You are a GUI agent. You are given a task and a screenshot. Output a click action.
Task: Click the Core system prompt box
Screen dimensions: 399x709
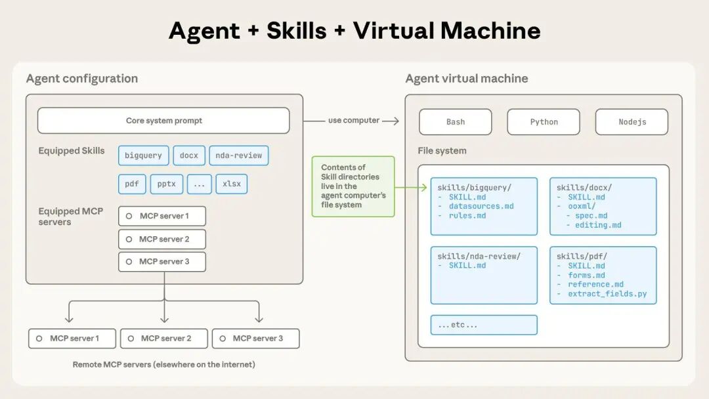pos(163,121)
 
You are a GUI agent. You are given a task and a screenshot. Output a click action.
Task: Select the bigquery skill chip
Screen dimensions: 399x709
pos(143,156)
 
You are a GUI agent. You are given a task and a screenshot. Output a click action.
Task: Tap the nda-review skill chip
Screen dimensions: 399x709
pos(239,156)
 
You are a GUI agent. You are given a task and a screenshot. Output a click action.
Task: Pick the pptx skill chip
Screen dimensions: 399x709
pos(167,184)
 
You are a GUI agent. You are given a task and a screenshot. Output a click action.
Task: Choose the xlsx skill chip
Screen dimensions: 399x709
pos(232,184)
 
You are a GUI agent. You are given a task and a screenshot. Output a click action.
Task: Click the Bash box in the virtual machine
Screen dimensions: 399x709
pos(455,122)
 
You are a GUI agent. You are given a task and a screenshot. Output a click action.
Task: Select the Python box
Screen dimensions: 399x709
pos(544,122)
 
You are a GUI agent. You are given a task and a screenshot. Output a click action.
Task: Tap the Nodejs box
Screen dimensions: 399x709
pos(632,122)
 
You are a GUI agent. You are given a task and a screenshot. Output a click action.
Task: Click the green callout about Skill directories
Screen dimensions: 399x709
pos(353,186)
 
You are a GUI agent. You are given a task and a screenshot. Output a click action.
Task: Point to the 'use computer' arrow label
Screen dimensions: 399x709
pos(354,121)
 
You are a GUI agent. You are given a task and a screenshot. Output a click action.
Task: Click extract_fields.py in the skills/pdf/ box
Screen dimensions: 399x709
pos(607,294)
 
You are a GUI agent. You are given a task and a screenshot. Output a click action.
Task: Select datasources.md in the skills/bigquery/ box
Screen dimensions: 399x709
pos(481,207)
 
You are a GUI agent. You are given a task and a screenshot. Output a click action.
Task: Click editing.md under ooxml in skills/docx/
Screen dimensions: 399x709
pos(598,225)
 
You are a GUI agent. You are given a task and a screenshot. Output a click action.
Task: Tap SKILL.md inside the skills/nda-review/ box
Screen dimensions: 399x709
pos(467,266)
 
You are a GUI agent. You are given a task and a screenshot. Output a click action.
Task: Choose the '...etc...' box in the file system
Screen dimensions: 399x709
pos(484,325)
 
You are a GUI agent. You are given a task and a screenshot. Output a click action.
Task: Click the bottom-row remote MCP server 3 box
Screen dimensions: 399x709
pos(256,339)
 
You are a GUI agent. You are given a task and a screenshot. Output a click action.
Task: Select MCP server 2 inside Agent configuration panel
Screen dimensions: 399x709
pos(162,239)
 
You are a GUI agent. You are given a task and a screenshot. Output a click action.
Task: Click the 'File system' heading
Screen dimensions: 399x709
pos(442,151)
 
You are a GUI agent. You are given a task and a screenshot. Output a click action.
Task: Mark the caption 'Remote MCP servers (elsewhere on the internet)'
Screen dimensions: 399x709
pos(164,364)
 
